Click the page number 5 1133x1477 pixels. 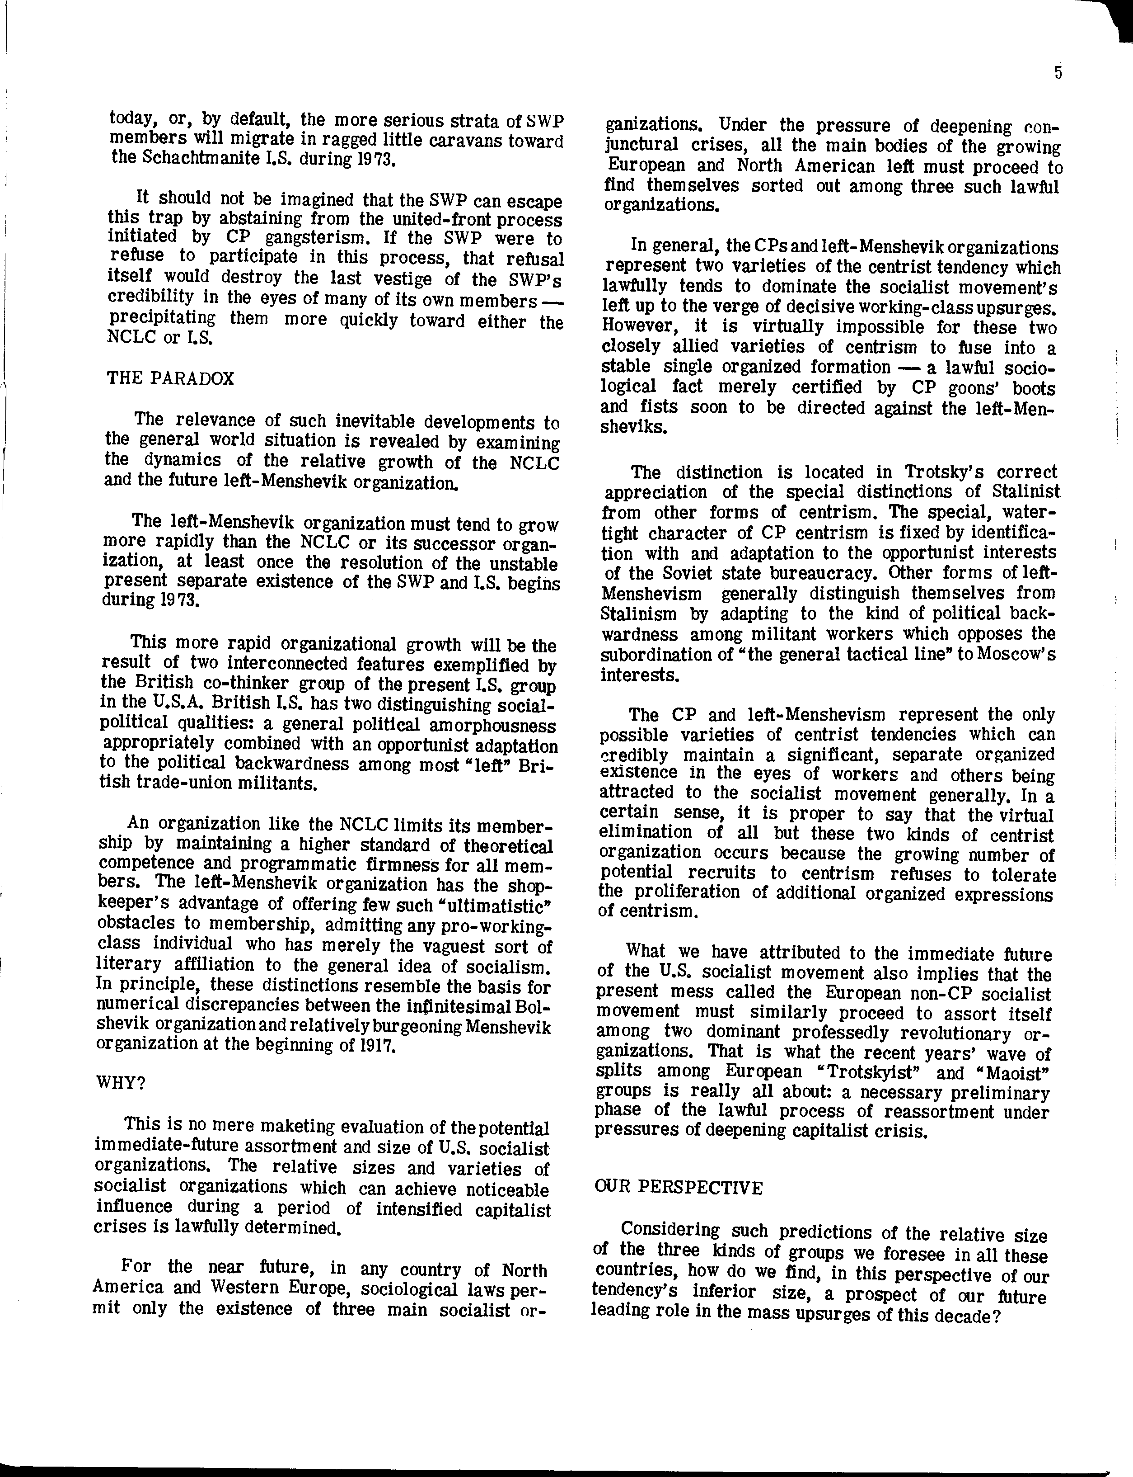[1058, 73]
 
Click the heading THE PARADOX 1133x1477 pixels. [171, 378]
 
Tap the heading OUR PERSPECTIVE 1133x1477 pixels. [679, 1188]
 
